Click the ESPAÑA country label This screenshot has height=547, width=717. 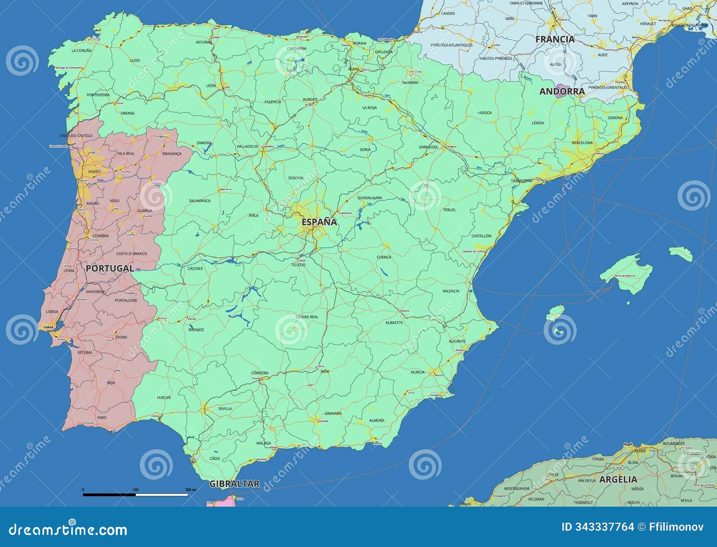(319, 222)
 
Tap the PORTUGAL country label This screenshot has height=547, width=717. (110, 269)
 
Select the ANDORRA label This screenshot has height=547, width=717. (562, 91)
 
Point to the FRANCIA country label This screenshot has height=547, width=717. (555, 39)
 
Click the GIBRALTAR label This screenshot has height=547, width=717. (234, 484)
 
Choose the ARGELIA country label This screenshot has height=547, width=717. (618, 479)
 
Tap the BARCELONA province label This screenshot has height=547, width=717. (582, 143)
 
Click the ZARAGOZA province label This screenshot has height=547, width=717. (428, 147)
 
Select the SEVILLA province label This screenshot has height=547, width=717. (225, 408)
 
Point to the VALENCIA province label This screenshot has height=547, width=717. (451, 291)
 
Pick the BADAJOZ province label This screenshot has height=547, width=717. (196, 330)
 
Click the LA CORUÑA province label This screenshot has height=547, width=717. (82, 51)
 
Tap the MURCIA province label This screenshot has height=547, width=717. (418, 372)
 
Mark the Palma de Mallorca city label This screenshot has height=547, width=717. (625, 275)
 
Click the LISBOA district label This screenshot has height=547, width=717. (52, 311)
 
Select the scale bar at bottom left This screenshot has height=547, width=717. (135, 495)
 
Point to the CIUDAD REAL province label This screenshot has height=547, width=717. (307, 317)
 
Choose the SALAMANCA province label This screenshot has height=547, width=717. (199, 200)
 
